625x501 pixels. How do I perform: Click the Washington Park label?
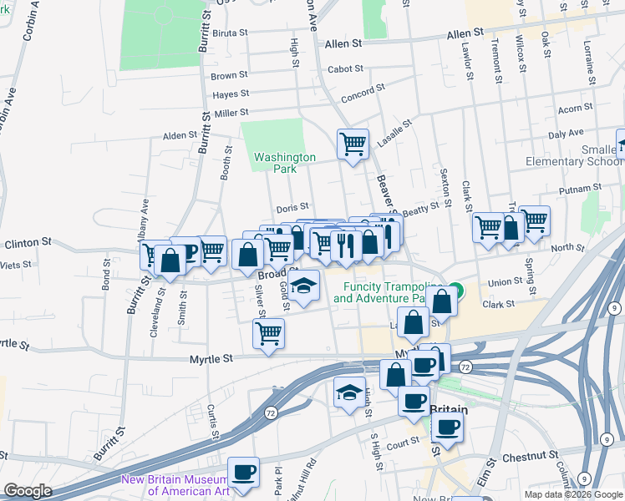pos(285,162)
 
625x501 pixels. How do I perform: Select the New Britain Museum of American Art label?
pos(174,484)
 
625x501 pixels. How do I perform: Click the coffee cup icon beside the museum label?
pos(243,472)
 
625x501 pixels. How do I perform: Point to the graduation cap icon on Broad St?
pos(304,286)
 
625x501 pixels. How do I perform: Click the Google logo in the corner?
pos(27,491)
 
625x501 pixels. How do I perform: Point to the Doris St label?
pos(292,206)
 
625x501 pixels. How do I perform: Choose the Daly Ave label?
pos(566,134)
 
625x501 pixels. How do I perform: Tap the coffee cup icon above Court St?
pos(447,428)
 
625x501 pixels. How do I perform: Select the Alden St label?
pos(180,135)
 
